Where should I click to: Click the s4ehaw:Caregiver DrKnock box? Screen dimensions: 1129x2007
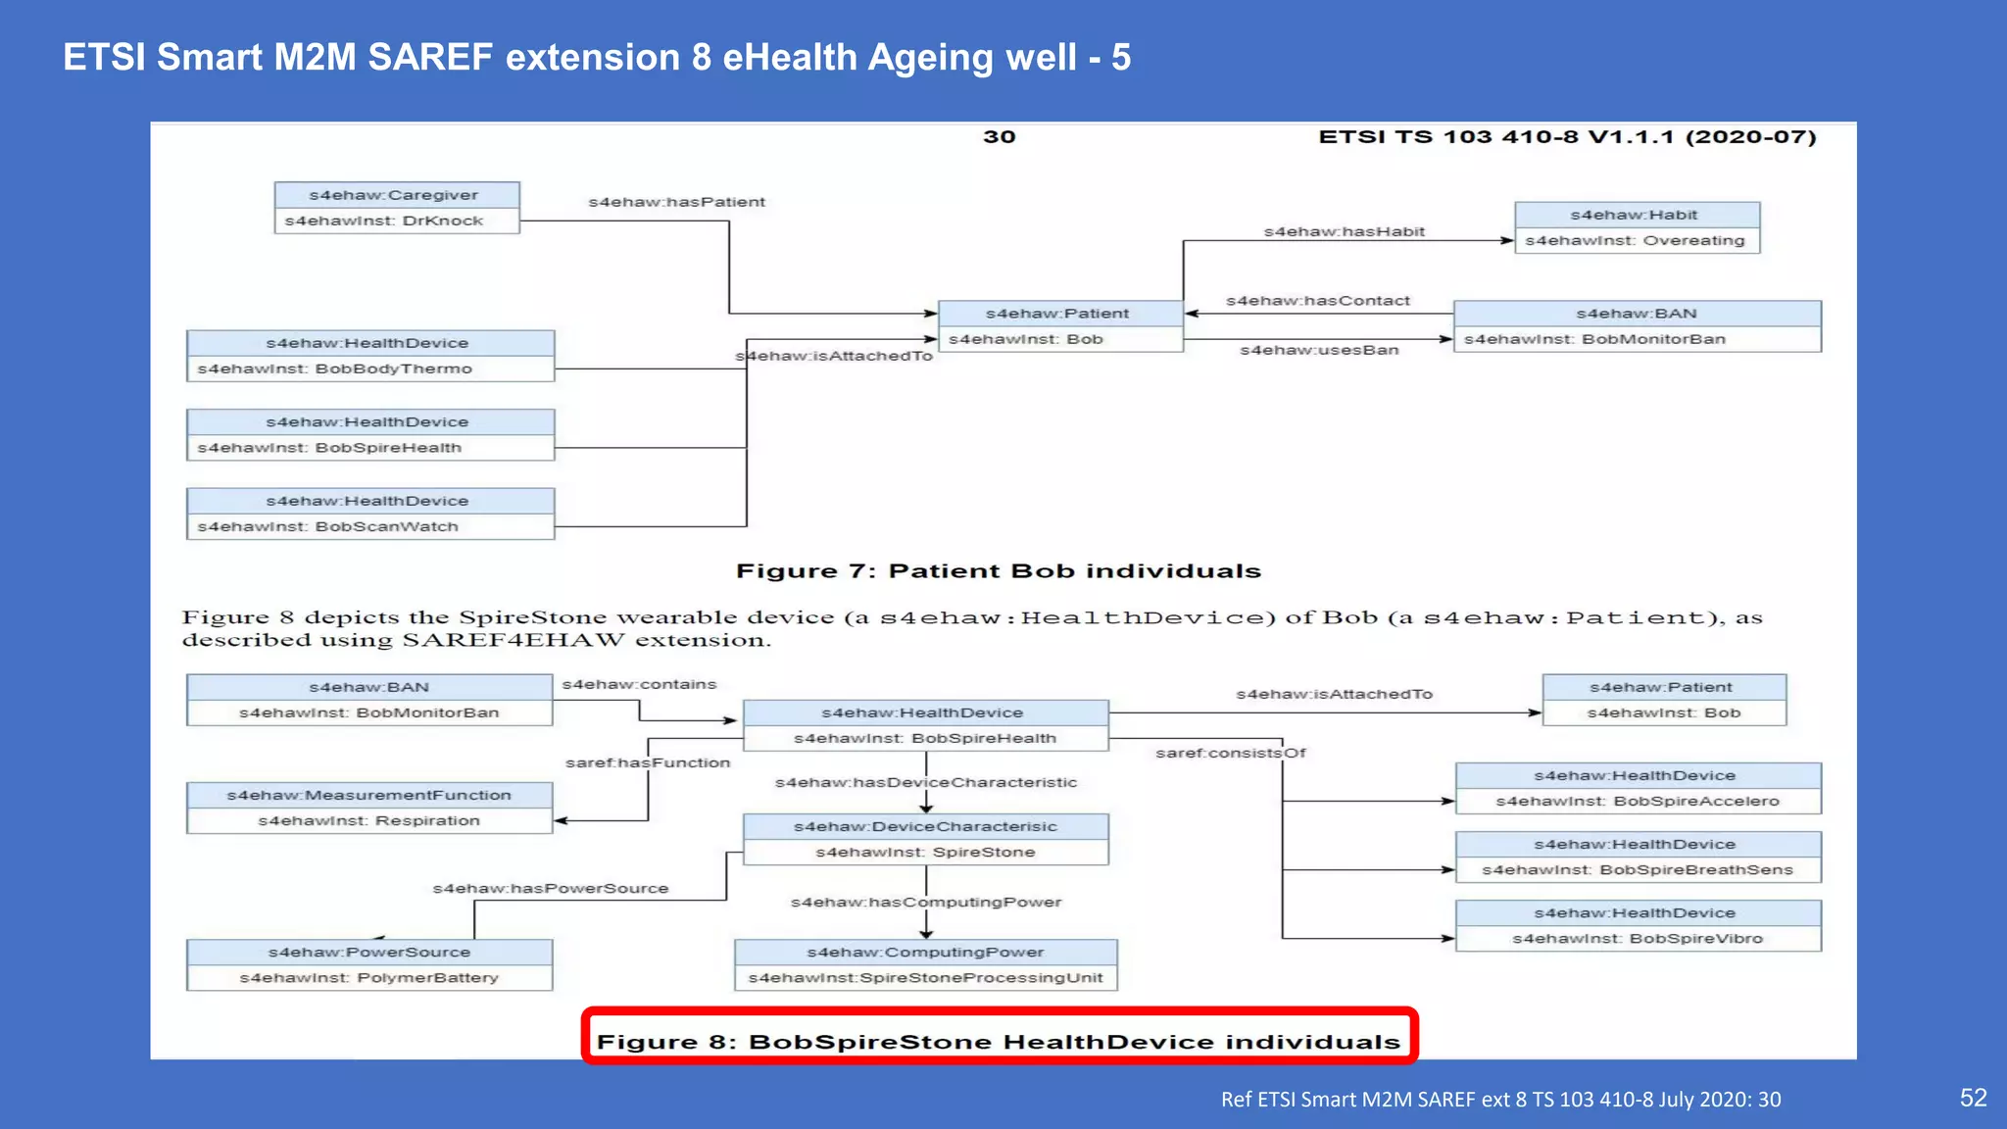click(396, 208)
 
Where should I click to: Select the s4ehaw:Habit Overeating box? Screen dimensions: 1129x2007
click(1637, 227)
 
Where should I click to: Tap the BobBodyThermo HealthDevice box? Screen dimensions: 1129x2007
click(370, 356)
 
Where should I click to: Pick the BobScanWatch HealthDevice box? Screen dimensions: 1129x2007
click(370, 514)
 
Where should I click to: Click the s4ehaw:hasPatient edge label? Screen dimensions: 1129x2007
click(676, 202)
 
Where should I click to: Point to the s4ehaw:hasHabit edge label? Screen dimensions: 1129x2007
click(1344, 231)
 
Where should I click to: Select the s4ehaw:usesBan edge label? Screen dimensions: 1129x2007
click(1319, 350)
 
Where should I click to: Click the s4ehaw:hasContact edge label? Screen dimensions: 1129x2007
click(1317, 301)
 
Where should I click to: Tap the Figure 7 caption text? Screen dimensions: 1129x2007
click(998, 571)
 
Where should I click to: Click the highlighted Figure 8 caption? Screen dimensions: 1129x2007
click(999, 1041)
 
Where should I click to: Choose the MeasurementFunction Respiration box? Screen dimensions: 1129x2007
click(369, 808)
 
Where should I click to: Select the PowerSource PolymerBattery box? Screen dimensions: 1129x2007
click(369, 964)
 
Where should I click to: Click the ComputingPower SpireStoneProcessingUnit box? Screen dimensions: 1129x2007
click(925, 964)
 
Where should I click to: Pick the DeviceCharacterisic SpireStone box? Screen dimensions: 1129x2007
click(925, 839)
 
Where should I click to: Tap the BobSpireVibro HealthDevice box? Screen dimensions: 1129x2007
click(1638, 925)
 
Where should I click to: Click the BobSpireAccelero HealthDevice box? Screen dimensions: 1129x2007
click(1638, 788)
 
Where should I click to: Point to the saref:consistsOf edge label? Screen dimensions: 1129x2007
click(1230, 753)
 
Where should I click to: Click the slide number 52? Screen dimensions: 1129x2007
click(1973, 1098)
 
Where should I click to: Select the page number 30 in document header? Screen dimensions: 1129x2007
click(999, 137)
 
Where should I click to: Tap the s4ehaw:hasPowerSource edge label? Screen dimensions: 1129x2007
click(551, 888)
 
